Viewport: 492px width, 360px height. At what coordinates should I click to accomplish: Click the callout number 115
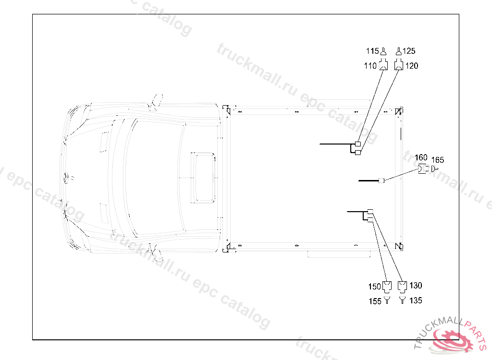(372, 51)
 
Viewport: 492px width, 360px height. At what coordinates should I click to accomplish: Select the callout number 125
(409, 51)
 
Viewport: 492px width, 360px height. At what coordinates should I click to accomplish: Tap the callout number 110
(370, 66)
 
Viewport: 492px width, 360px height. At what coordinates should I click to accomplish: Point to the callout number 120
(412, 66)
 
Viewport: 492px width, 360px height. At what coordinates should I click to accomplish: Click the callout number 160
(421, 157)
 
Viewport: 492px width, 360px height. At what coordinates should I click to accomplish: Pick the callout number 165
(438, 160)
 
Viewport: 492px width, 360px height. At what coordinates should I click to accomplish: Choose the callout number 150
(375, 287)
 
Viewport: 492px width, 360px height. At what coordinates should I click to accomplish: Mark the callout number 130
(416, 286)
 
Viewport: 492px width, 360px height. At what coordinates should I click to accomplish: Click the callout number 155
(375, 301)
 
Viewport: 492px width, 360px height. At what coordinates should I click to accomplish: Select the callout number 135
(416, 300)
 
